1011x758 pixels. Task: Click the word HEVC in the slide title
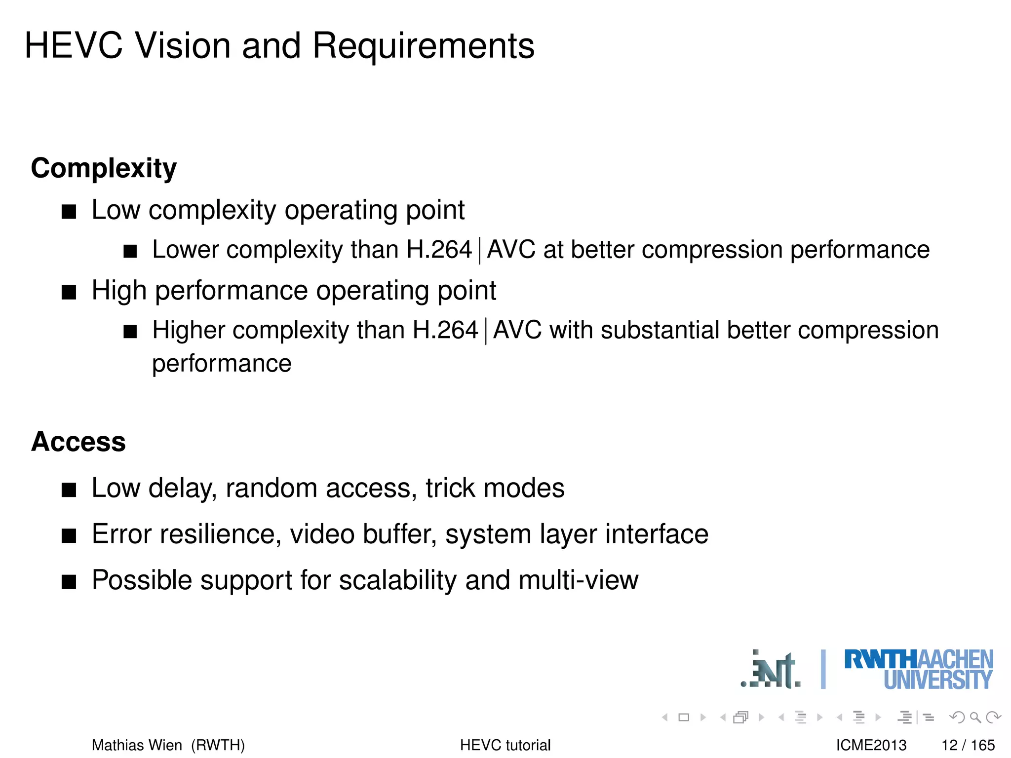(x=74, y=46)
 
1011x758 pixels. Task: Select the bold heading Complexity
(x=104, y=168)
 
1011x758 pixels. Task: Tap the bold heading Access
(x=78, y=442)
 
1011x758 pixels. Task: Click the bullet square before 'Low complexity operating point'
(x=69, y=212)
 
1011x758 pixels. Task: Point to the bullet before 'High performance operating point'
(x=69, y=293)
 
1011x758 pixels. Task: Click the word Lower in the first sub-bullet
(x=186, y=250)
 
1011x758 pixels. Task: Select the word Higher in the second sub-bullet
(x=189, y=330)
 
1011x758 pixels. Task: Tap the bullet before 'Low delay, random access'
(x=69, y=490)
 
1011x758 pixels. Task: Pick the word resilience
(x=220, y=534)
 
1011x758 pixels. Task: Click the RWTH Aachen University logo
(x=919, y=670)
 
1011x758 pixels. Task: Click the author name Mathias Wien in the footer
(x=137, y=745)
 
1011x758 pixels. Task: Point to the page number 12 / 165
(x=968, y=745)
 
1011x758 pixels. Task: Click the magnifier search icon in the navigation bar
(x=975, y=718)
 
